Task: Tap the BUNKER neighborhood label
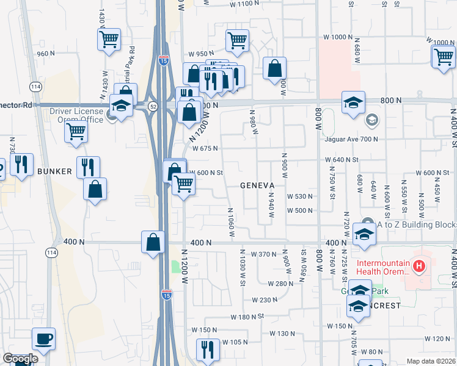[x=54, y=171]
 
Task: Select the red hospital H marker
[x=419, y=266]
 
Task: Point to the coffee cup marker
[x=43, y=339]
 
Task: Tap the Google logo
[x=20, y=359]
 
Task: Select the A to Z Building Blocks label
[x=416, y=224]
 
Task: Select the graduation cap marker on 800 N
[x=353, y=102]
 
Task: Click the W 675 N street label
[x=205, y=148]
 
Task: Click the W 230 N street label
[x=264, y=300]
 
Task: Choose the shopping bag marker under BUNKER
[x=95, y=189]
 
